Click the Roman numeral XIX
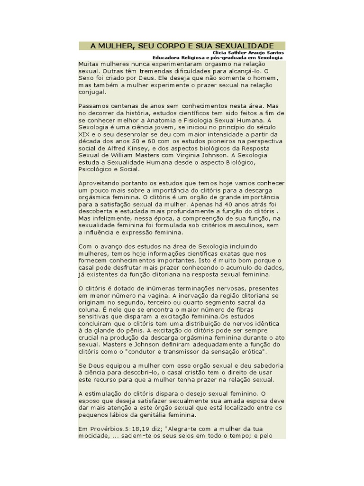[84, 135]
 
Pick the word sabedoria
[264, 366]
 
